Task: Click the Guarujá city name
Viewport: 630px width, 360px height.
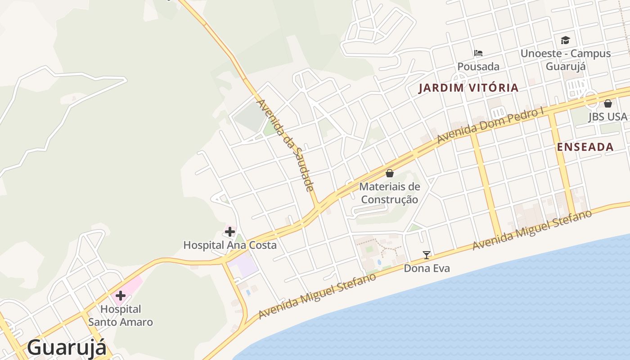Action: point(67,347)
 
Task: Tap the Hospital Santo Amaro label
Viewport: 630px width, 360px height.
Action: point(121,315)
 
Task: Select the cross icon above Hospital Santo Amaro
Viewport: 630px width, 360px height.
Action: point(120,296)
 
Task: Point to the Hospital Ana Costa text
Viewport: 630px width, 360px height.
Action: point(229,245)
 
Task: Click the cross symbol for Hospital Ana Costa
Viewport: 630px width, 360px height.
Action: point(229,232)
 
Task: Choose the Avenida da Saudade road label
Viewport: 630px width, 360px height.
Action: point(284,145)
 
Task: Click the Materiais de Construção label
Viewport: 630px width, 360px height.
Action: point(390,193)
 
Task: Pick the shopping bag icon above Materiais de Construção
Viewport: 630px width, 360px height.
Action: point(390,173)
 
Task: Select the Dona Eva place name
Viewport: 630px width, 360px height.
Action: point(427,269)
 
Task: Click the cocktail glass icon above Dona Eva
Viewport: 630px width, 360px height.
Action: point(427,255)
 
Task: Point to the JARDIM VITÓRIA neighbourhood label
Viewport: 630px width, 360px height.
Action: point(468,88)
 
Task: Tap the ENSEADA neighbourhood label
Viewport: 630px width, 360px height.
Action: point(585,147)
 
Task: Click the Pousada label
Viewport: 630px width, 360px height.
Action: point(478,67)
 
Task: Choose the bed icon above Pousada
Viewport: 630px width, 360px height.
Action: point(478,53)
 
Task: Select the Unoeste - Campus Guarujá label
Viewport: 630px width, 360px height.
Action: point(566,60)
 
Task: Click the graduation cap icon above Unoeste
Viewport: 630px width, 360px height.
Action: point(565,40)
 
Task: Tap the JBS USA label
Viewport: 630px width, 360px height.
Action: point(607,117)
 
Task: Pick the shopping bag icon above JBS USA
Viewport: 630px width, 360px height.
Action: point(607,103)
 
